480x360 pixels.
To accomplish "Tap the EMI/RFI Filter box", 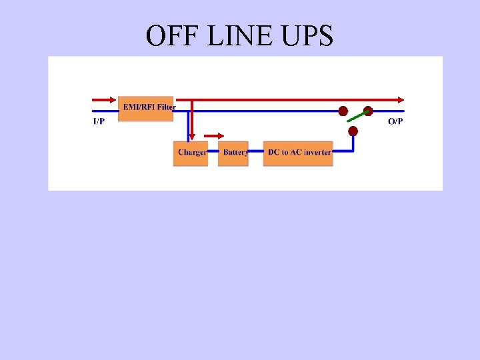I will pos(146,108).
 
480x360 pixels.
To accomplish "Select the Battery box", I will pos(233,153).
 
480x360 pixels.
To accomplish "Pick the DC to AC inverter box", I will pos(298,153).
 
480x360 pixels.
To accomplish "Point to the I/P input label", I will pos(98,121).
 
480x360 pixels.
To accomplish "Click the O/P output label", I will pos(395,121).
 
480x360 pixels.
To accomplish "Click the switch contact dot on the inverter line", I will pos(353,131).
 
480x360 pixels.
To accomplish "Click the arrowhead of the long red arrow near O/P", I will pos(401,99).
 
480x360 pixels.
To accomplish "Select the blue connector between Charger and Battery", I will pos(213,153).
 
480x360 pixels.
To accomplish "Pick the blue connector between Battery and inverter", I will pos(256,153).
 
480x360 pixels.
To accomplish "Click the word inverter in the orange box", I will pos(317,153).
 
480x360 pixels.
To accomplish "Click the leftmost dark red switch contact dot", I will pos(343,111).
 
